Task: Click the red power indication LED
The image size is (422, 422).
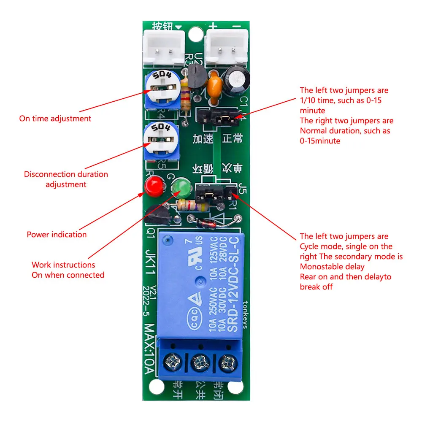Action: pyautogui.click(x=154, y=186)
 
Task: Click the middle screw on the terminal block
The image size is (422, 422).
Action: pyautogui.click(x=200, y=362)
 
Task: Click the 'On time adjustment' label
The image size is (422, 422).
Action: pyautogui.click(x=55, y=119)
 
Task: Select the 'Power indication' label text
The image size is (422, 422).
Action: pyautogui.click(x=57, y=235)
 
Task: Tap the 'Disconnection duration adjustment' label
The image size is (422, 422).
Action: pyautogui.click(x=66, y=179)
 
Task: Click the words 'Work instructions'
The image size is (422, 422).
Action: pyautogui.click(x=63, y=265)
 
